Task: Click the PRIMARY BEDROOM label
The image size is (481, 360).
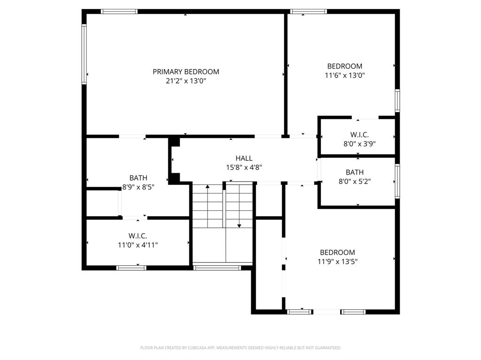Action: [186, 72]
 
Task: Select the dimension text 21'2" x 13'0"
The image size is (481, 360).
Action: [186, 81]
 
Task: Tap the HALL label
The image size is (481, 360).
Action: [244, 158]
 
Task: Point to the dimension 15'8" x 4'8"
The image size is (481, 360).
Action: [244, 167]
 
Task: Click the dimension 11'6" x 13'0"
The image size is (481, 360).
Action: [345, 75]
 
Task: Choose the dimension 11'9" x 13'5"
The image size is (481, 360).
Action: [337, 261]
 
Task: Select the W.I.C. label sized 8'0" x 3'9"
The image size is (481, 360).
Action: [359, 135]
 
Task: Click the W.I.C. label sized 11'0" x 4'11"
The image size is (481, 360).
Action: [138, 236]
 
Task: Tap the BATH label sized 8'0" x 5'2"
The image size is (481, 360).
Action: [355, 172]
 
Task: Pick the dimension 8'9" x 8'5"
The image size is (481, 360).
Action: [138, 187]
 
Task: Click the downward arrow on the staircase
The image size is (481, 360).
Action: [239, 226]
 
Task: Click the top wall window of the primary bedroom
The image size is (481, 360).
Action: [119, 11]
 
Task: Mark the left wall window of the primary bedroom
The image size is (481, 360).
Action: [84, 54]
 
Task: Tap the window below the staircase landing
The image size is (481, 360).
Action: [217, 268]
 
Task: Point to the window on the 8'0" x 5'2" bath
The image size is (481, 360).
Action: [397, 181]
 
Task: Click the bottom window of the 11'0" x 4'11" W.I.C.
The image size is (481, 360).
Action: [131, 268]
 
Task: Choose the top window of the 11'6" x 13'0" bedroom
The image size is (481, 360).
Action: [308, 11]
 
